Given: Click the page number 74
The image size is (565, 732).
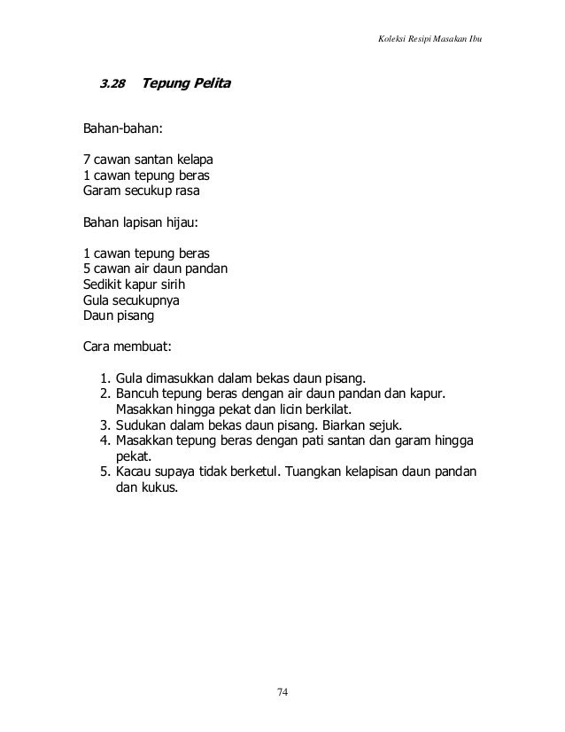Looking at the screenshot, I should [282, 692].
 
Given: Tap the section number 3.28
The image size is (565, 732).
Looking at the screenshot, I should [111, 85].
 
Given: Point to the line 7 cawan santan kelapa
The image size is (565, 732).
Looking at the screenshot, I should [148, 160].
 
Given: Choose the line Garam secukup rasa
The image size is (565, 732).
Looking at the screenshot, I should [142, 190].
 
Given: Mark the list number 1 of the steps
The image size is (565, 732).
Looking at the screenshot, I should [104, 378].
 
